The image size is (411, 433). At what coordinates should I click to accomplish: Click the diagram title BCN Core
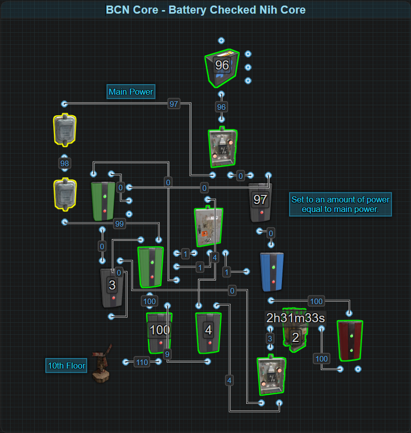click(205, 10)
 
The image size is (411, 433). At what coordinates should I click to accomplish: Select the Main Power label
click(131, 92)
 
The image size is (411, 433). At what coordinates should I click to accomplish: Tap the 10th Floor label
click(66, 366)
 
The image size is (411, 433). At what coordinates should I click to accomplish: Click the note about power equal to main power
click(340, 204)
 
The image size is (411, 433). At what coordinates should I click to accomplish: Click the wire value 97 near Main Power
click(174, 104)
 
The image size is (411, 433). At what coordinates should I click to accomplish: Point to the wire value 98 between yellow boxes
click(64, 164)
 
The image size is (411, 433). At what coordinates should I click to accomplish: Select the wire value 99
click(119, 224)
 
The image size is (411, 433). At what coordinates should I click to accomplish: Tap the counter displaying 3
click(112, 287)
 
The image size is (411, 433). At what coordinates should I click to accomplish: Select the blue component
click(272, 272)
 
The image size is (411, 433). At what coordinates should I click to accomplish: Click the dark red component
click(350, 340)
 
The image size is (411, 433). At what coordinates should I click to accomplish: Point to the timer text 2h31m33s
click(296, 318)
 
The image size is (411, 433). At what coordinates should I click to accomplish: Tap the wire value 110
click(142, 362)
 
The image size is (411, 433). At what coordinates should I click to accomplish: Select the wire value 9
click(167, 352)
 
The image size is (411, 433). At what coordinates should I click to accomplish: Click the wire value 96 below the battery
click(221, 107)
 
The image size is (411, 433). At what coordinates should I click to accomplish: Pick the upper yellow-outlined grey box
click(64, 129)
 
